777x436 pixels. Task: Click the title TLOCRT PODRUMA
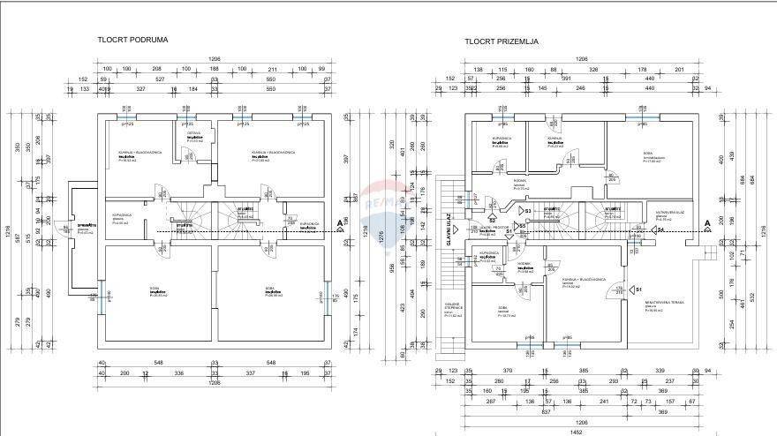point(132,40)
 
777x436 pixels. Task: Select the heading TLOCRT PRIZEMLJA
point(502,41)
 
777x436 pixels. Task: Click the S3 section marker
point(526,212)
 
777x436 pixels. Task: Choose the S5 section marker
point(522,226)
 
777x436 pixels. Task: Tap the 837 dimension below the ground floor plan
point(547,411)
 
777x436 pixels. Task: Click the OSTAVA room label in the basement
point(195,133)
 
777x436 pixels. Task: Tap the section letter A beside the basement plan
point(339,223)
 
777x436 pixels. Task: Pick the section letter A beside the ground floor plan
point(706,223)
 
